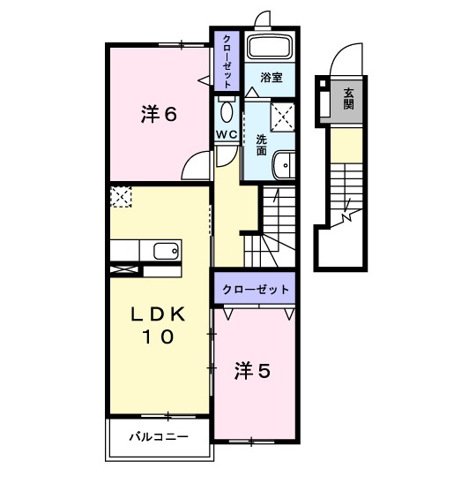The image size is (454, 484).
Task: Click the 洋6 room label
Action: pyautogui.click(x=160, y=114)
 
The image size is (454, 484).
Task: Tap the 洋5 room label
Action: pyautogui.click(x=251, y=371)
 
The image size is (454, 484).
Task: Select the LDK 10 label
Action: pyautogui.click(x=159, y=325)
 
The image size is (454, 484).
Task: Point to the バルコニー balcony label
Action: pyautogui.click(x=159, y=435)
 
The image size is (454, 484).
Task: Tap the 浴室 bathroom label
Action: pyautogui.click(x=270, y=78)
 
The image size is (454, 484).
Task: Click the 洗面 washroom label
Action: pyautogui.click(x=262, y=145)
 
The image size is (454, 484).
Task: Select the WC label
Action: pyautogui.click(x=227, y=134)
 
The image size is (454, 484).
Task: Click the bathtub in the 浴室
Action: pyautogui.click(x=270, y=48)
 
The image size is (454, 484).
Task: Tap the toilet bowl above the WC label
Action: pyautogui.click(x=227, y=110)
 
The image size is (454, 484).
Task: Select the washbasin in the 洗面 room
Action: pyautogui.click(x=285, y=165)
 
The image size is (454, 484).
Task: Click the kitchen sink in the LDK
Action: pyautogui.click(x=166, y=251)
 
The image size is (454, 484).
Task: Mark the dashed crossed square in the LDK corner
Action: pyautogui.click(x=120, y=195)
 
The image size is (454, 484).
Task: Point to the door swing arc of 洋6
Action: pyautogui.click(x=199, y=163)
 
